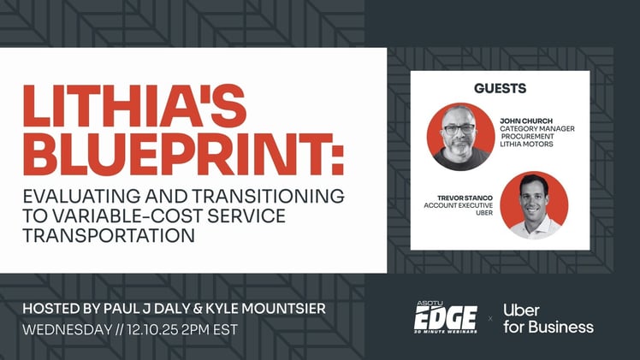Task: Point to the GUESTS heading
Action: pyautogui.click(x=500, y=88)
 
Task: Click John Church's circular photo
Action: pyautogui.click(x=460, y=137)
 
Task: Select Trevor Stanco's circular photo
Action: pyautogui.click(x=534, y=205)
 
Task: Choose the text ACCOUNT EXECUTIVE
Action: pyautogui.click(x=460, y=205)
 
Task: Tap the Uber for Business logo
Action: pyautogui.click(x=548, y=318)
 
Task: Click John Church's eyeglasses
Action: pyautogui.click(x=459, y=129)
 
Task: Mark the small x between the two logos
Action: pyautogui.click(x=490, y=319)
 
